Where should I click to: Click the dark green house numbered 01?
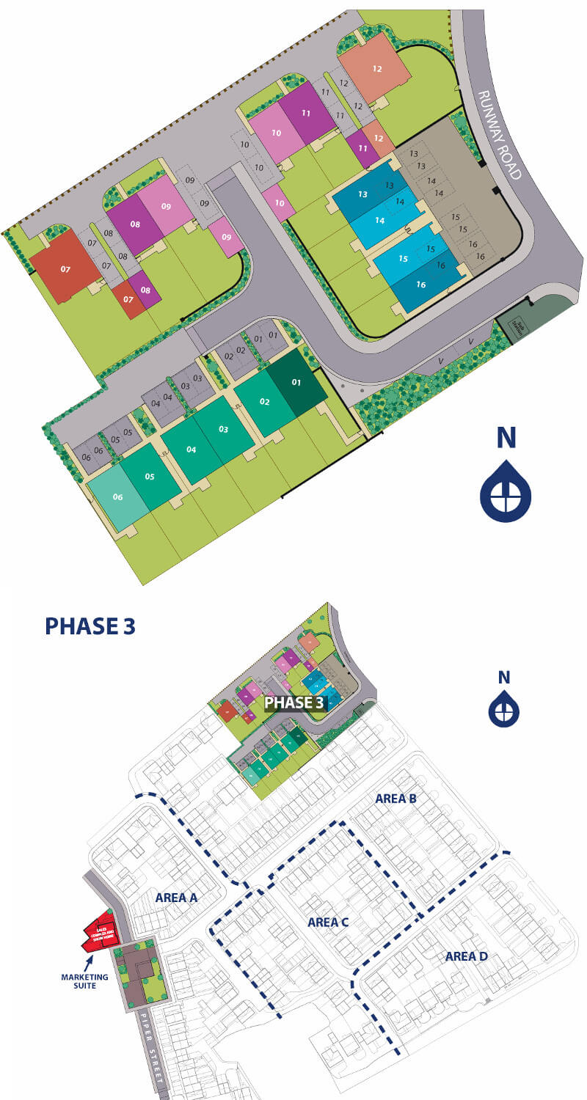296,383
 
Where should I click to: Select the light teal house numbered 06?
117,496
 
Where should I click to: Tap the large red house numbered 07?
65,268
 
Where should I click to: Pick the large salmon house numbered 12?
376,69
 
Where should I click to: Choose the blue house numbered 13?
362,194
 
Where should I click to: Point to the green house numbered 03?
224,429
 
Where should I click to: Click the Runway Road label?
500,135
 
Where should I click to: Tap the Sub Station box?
519,320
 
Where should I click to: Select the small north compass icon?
504,701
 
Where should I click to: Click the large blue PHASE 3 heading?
90,626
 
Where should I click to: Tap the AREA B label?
395,799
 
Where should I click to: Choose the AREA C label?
328,923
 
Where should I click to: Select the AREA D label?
466,956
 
